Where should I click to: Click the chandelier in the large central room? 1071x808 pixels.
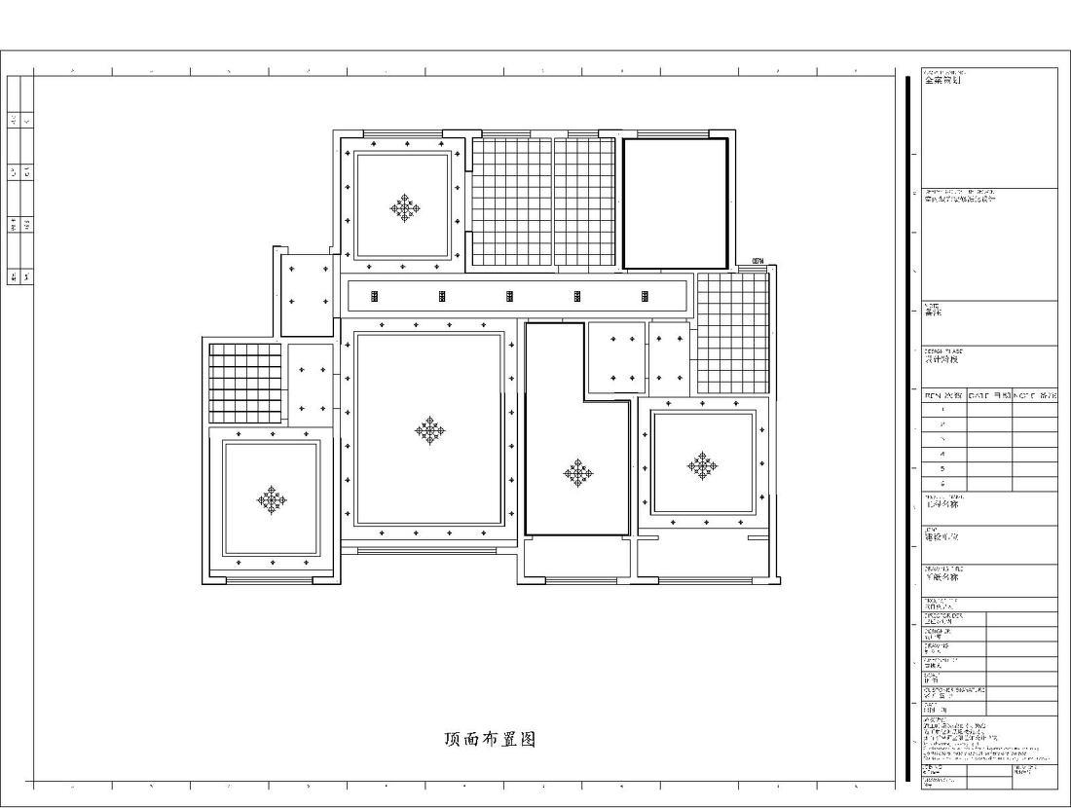click(429, 429)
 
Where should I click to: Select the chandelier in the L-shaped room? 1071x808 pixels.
click(578, 473)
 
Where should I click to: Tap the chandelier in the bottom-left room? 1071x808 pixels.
click(272, 499)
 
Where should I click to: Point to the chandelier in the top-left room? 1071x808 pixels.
click(405, 207)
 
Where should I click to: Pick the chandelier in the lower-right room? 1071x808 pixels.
click(702, 465)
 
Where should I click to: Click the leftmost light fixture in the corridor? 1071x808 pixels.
click(375, 296)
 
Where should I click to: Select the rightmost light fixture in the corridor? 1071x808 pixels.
click(644, 296)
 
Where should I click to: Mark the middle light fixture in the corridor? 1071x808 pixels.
click(509, 296)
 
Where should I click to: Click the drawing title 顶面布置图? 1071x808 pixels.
click(490, 739)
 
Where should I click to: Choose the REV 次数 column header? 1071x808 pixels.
click(942, 396)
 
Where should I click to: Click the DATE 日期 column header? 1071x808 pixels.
click(988, 396)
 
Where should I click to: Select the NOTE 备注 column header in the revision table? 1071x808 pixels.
click(1034, 396)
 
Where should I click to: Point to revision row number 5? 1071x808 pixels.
click(942, 468)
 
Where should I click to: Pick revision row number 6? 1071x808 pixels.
click(942, 483)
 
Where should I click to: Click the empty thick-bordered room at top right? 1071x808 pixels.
click(675, 202)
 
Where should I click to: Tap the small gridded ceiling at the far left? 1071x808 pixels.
click(244, 382)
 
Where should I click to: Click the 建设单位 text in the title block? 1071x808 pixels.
click(941, 536)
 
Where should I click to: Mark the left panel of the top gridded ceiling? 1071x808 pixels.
click(512, 201)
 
